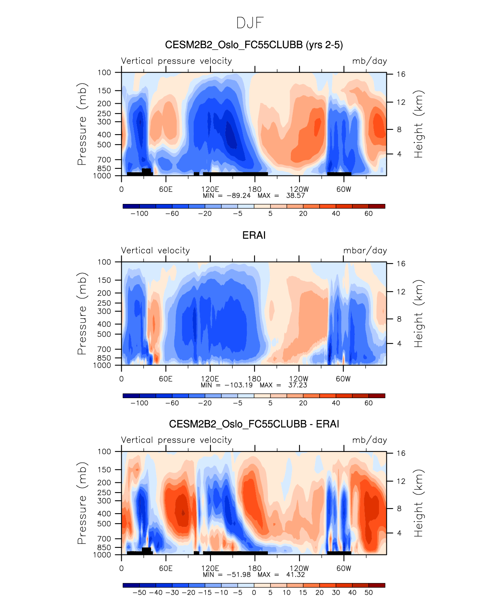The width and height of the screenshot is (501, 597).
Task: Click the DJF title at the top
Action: click(250, 23)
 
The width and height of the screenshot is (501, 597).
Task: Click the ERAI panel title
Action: click(254, 235)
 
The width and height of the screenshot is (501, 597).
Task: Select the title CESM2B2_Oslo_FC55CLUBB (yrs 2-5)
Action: click(254, 45)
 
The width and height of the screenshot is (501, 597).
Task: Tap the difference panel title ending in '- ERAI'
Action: click(254, 424)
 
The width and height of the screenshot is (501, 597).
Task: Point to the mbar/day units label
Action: click(365, 251)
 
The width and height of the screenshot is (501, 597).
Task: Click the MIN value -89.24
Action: click(238, 195)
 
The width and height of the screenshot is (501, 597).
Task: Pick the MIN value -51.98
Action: click(238, 574)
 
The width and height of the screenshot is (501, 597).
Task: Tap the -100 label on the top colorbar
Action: click(139, 214)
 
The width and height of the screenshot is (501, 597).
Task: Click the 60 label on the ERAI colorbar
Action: click(368, 403)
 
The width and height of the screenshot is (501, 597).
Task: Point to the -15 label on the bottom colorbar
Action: click(205, 593)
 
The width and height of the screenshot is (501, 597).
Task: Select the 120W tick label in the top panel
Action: click(299, 190)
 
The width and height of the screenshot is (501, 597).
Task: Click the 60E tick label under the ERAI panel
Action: click(166, 379)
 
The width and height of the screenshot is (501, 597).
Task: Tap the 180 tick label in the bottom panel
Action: click(255, 569)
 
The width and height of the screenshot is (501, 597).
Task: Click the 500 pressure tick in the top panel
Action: click(104, 145)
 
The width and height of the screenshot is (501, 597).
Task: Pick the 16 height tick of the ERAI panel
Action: click(401, 264)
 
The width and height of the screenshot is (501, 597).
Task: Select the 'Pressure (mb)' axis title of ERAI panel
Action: click(82, 314)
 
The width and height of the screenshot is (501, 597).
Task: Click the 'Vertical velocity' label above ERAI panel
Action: click(155, 251)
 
